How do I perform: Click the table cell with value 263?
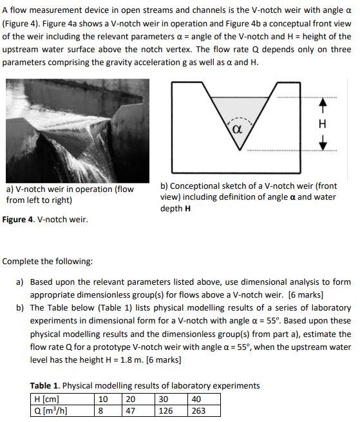[198, 410]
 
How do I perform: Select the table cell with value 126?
[166, 410]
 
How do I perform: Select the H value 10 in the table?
[104, 399]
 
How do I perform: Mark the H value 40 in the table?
[196, 399]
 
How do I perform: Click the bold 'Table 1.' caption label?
[46, 385]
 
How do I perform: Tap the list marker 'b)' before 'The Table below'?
[21, 307]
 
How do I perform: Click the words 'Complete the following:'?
[48, 262]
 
